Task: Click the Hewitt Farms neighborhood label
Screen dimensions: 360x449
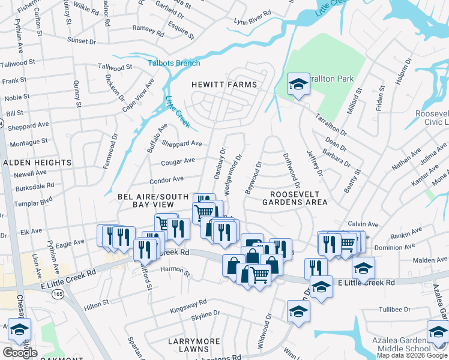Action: coord(224,85)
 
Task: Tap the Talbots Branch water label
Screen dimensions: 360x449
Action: coord(174,63)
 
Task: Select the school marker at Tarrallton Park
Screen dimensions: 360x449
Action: coord(298,83)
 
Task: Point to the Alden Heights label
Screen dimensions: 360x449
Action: coord(38,163)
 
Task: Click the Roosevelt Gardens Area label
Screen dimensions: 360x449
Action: coord(291,198)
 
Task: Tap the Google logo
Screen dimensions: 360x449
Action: coord(20,353)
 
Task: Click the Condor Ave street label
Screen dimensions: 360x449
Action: coord(166,179)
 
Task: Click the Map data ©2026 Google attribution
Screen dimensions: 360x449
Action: coord(411,355)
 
